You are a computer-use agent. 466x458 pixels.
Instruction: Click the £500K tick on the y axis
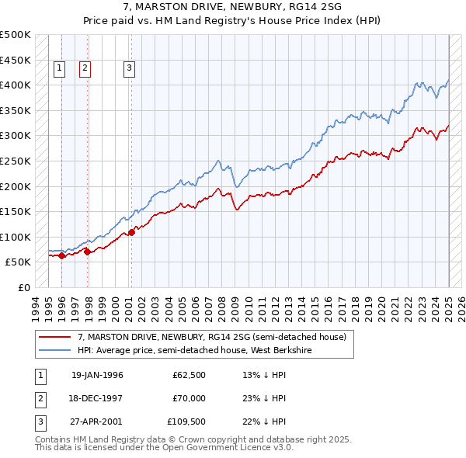point(16,35)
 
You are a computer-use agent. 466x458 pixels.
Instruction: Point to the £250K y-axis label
point(16,161)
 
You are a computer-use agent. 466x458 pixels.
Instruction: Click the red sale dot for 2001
point(132,231)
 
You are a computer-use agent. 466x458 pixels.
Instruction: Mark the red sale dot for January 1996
point(62,255)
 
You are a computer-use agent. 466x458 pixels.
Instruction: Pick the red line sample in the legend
point(55,336)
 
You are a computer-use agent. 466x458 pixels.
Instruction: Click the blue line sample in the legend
point(55,349)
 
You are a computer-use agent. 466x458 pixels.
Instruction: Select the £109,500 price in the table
point(186,422)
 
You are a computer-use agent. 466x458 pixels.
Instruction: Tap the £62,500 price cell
point(190,375)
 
